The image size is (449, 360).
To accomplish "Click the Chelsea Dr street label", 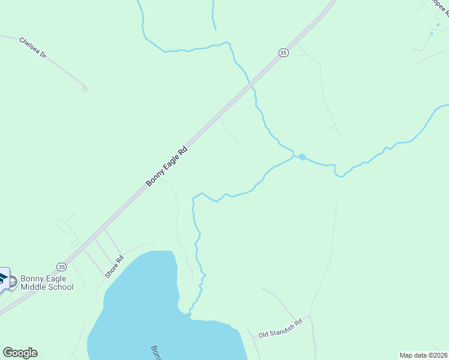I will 33,47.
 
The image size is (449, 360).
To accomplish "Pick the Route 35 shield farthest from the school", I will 284,53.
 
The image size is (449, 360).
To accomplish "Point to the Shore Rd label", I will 114,267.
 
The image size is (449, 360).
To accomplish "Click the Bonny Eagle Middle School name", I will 47,283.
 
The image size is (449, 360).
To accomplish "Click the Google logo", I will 20,353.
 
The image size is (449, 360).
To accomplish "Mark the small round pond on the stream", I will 302,157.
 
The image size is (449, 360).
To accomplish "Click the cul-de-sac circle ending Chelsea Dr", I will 85,89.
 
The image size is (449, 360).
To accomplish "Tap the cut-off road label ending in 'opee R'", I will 440,8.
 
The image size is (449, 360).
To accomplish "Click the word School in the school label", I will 61,287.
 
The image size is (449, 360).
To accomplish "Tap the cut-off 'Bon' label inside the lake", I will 155,352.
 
